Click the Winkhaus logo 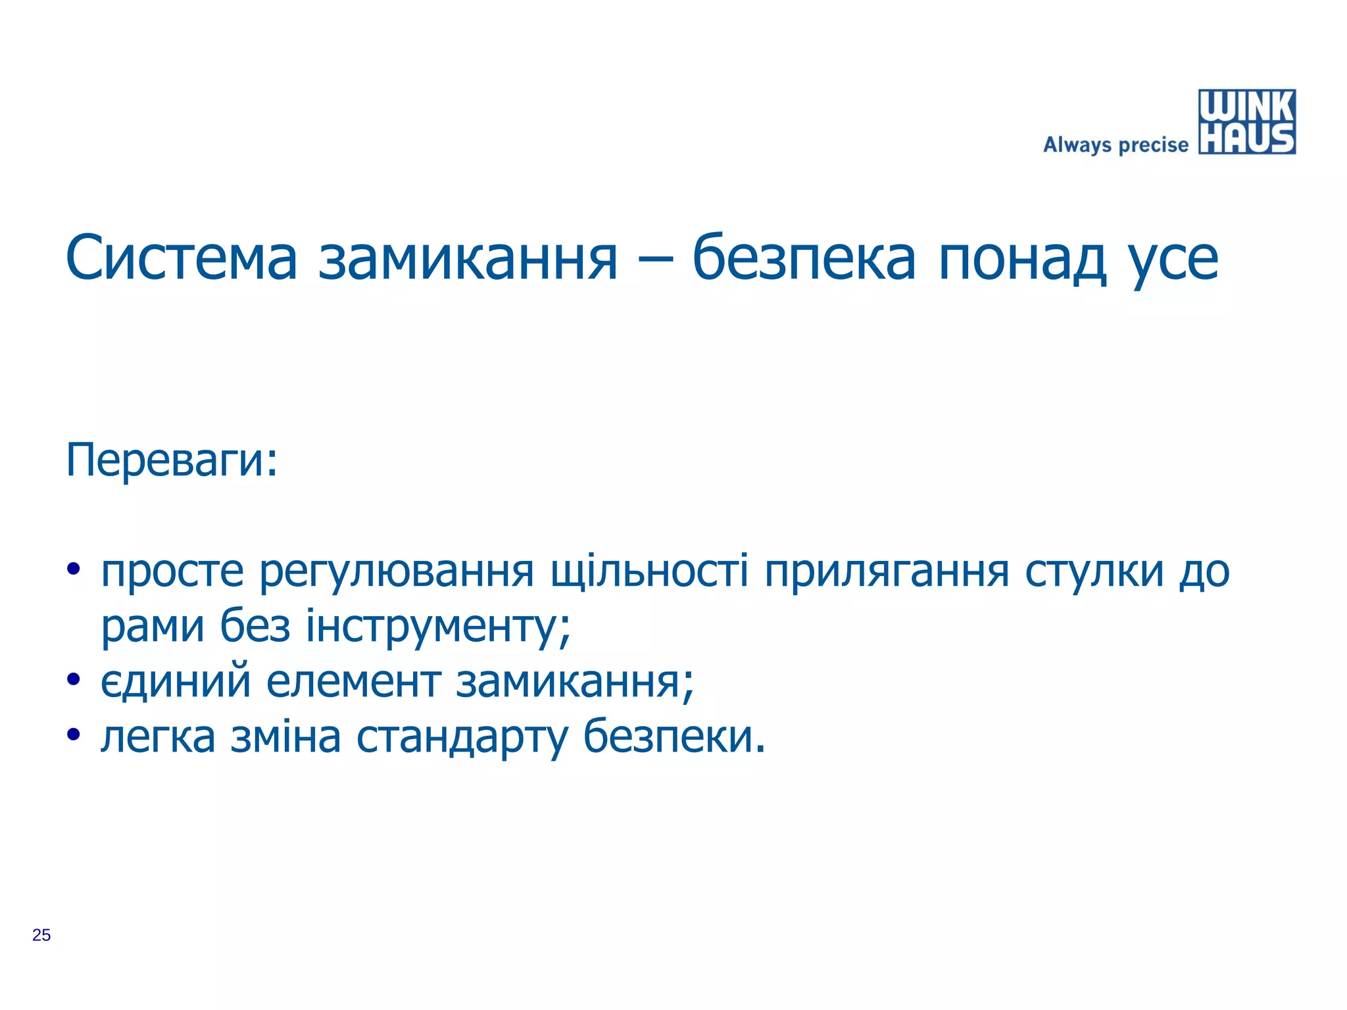pyautogui.click(x=1246, y=122)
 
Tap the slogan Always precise pyautogui.click(x=1115, y=145)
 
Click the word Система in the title pyautogui.click(x=182, y=258)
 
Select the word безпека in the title pyautogui.click(x=804, y=258)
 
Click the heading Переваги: pyautogui.click(x=172, y=460)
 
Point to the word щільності pyautogui.click(x=649, y=571)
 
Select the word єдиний pyautogui.click(x=176, y=681)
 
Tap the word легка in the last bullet pyautogui.click(x=158, y=737)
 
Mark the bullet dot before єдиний pyautogui.click(x=73, y=679)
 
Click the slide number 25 pyautogui.click(x=41, y=935)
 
